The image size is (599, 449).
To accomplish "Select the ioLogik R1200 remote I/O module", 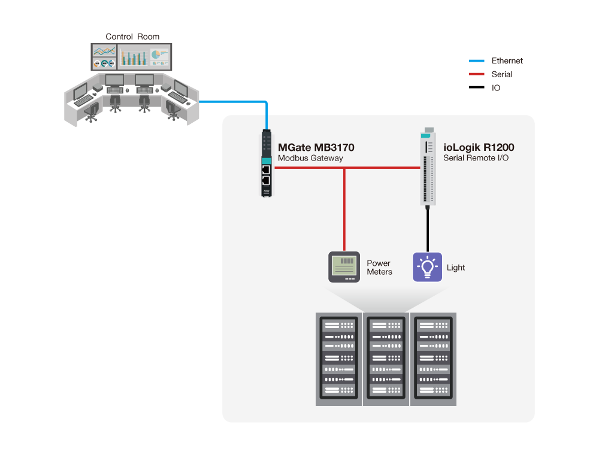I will point(427,167).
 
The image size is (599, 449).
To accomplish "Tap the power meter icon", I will point(344,267).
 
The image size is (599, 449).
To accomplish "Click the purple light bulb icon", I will point(427,267).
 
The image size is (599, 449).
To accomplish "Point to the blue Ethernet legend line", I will point(477,60).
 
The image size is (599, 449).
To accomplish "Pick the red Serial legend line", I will point(477,74).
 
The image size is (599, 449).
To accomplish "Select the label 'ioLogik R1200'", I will point(479,147).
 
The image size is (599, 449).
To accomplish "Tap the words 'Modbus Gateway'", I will point(310,159).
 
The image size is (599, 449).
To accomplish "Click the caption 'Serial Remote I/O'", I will point(476,159).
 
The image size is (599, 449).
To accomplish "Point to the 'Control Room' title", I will point(132,37).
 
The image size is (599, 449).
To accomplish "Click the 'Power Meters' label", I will point(379,268).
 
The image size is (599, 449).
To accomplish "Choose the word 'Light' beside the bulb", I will point(456,268).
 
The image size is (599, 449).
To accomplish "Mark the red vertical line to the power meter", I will point(344,210).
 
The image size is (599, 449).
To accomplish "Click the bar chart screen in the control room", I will point(133,57).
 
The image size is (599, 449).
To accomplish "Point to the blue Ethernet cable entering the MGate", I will point(267,117).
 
